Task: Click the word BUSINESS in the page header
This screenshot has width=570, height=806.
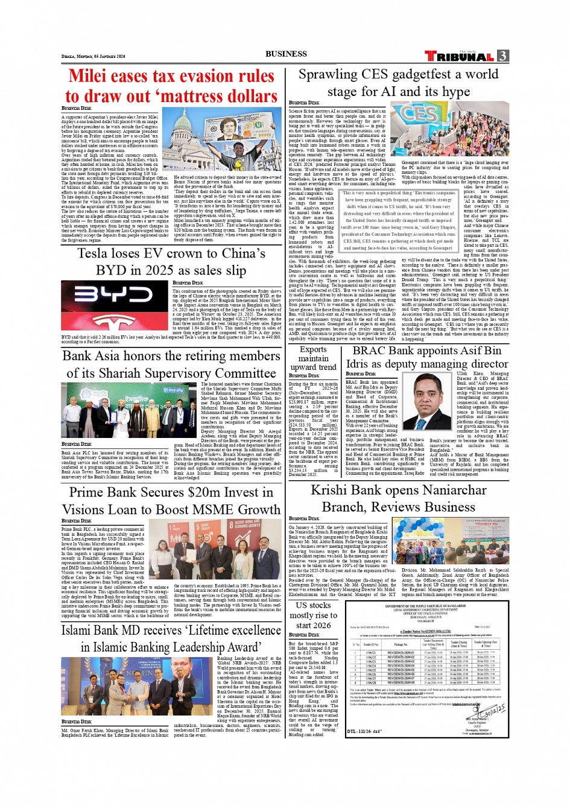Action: click(x=286, y=54)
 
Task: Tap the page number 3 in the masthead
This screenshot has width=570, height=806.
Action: click(x=502, y=56)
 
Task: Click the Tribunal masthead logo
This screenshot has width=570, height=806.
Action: click(x=459, y=57)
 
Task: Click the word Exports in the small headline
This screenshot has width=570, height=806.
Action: click(x=313, y=349)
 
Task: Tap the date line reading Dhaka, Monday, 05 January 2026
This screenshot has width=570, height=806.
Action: click(x=93, y=56)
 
